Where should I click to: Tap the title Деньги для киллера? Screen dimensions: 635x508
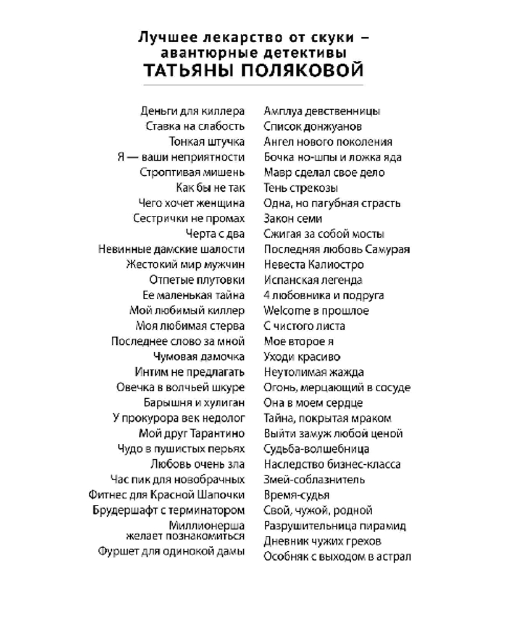(x=192, y=111)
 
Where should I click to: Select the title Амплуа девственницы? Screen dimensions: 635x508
(x=322, y=111)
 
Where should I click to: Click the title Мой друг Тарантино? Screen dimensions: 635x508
(x=192, y=434)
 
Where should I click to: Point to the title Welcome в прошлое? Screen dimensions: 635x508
(x=316, y=311)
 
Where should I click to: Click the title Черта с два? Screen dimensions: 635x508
(x=215, y=234)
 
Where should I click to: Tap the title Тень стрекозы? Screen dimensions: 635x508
(x=300, y=188)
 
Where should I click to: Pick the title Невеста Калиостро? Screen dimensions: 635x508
(x=314, y=264)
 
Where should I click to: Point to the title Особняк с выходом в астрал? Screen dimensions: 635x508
(x=337, y=556)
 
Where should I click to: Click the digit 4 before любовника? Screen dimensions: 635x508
(x=267, y=295)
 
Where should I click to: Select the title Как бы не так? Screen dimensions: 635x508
(x=210, y=188)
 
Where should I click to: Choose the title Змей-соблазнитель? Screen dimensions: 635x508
(x=314, y=479)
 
